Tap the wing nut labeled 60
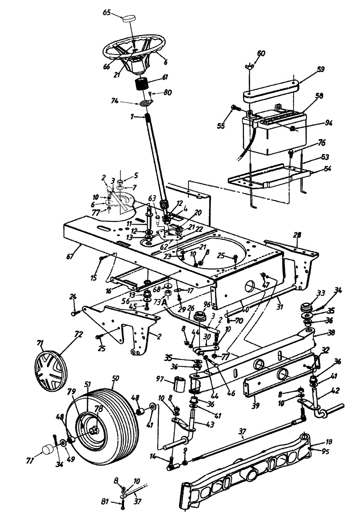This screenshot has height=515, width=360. tap(253, 65)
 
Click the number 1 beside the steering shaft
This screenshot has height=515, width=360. tap(133, 116)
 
